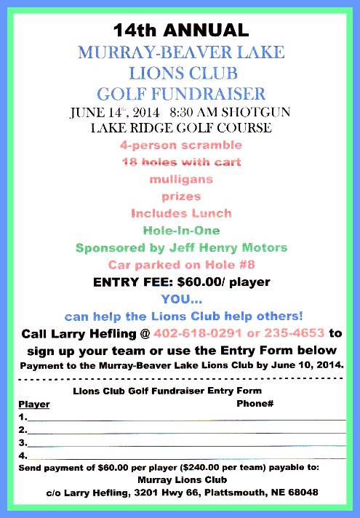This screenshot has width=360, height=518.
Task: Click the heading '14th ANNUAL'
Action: (x=180, y=30)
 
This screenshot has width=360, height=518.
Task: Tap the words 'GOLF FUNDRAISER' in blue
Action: (x=180, y=93)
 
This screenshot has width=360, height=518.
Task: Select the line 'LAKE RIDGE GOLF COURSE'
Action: (x=180, y=129)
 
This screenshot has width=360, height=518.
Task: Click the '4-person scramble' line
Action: (x=180, y=146)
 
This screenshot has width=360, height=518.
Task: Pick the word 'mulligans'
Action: (x=180, y=179)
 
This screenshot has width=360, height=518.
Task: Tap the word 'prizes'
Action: (x=180, y=196)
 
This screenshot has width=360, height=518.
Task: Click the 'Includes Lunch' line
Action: (x=180, y=213)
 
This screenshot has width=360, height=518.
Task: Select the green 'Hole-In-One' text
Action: (x=180, y=230)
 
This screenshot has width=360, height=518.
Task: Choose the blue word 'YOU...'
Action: (x=180, y=298)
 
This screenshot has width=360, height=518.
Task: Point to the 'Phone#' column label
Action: (x=255, y=403)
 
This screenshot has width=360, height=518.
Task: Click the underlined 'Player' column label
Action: (x=33, y=404)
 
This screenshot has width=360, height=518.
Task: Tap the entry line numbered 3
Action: (x=182, y=442)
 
